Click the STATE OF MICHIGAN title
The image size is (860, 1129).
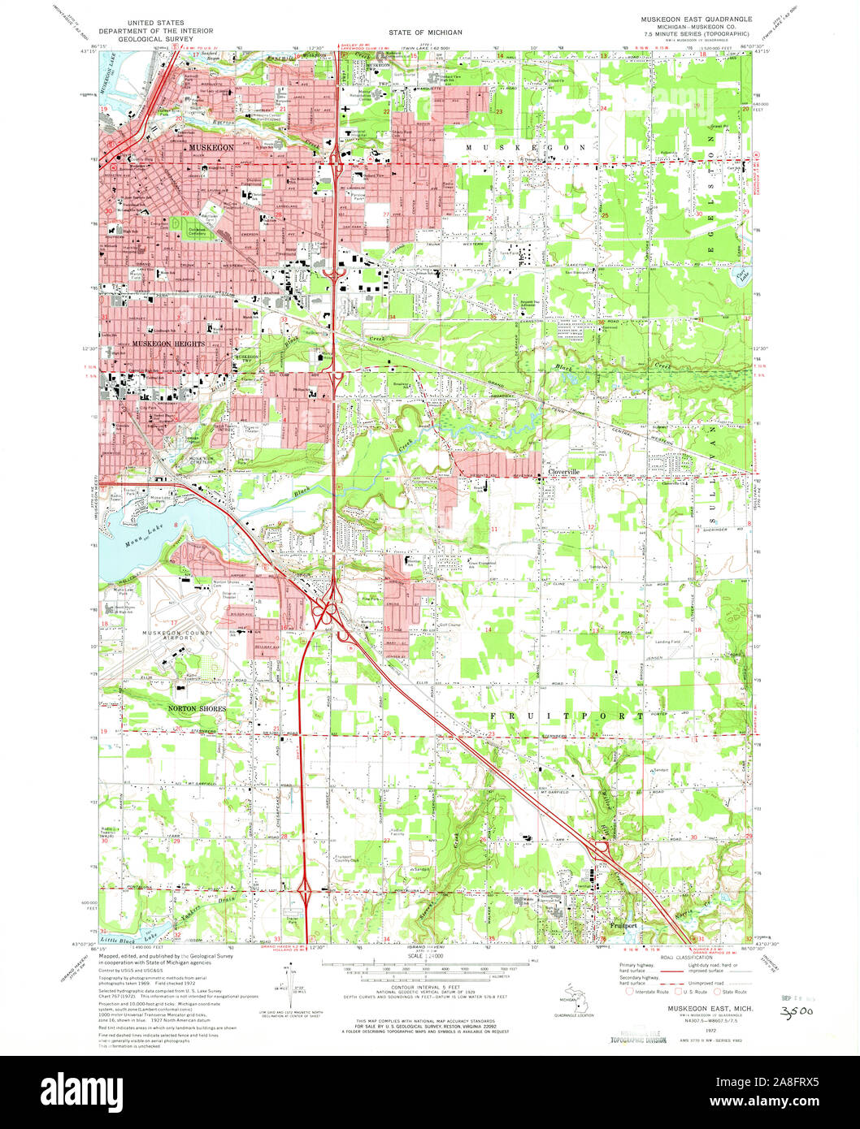click(x=424, y=32)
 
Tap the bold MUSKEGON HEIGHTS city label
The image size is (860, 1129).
click(x=166, y=344)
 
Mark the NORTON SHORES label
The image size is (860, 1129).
click(x=197, y=709)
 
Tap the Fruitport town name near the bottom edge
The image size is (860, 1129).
click(x=625, y=925)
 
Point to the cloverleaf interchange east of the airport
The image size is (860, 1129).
click(x=329, y=609)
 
